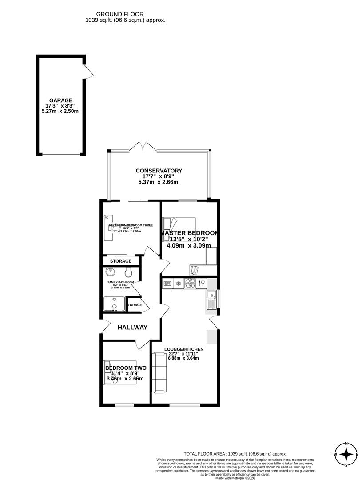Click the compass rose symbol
pyautogui.click(x=346, y=454)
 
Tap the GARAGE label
pyautogui.click(x=60, y=100)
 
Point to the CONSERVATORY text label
pyautogui.click(x=159, y=171)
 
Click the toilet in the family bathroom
pyautogui.click(x=128, y=272)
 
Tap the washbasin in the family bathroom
pyautogui.click(x=109, y=272)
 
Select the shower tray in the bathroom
pyautogui.click(x=114, y=304)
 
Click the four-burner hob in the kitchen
pyautogui.click(x=190, y=283)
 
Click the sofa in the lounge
pyautogui.click(x=159, y=372)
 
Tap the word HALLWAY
pyautogui.click(x=132, y=328)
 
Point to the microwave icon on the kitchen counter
pyautogui.click(x=167, y=283)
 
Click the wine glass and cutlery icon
pyautogui.click(x=202, y=283)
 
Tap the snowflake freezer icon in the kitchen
pyautogui.click(x=178, y=283)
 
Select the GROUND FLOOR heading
pyautogui.click(x=126, y=14)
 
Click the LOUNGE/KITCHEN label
pyautogui.click(x=184, y=349)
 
